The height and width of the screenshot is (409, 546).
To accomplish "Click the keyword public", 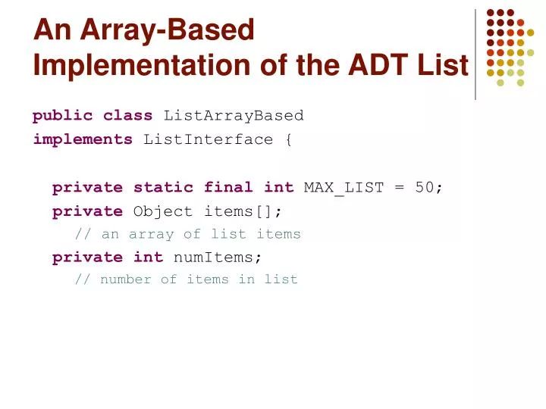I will click(x=63, y=116).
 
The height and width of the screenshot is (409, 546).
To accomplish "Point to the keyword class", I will click(x=128, y=116).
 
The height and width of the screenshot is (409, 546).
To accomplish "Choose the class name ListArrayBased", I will click(x=234, y=116).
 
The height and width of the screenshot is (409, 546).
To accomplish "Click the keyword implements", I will click(x=83, y=139).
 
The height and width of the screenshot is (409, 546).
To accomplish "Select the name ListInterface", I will click(x=208, y=139).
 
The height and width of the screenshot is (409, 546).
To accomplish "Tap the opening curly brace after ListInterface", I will click(x=288, y=139).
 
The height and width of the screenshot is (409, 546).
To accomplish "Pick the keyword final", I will click(x=228, y=188).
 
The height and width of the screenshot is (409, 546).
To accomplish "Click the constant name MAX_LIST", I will click(x=344, y=188).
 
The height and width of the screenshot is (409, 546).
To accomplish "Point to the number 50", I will click(x=424, y=188).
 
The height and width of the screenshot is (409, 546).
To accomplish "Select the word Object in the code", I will click(x=163, y=211).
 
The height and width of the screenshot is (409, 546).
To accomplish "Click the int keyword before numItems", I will click(x=149, y=257).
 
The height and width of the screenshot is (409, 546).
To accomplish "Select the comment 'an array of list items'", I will click(x=188, y=234).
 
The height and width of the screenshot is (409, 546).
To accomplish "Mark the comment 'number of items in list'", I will click(x=187, y=279).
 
